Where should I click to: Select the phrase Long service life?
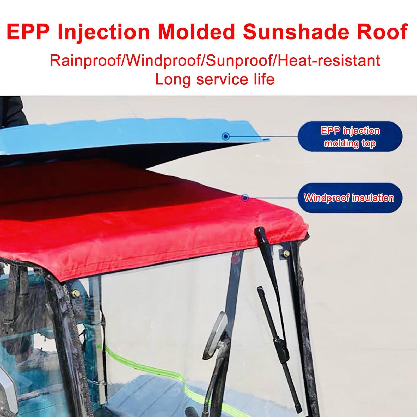click(215, 79)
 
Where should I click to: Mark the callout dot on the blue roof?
click(226, 136)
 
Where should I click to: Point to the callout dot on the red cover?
click(245, 198)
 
